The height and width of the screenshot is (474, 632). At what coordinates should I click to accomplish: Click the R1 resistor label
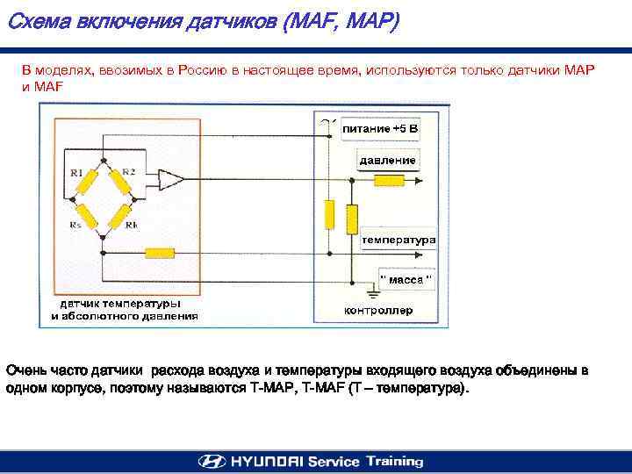pyautogui.click(x=76, y=173)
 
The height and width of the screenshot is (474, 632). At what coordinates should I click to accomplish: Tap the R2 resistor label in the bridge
pyautogui.click(x=128, y=171)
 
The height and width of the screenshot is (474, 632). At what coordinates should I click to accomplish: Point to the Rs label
pyautogui.click(x=75, y=226)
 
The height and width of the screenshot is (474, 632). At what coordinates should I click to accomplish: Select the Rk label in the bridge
pyautogui.click(x=130, y=226)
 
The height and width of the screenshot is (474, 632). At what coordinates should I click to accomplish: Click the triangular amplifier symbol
pyautogui.click(x=170, y=182)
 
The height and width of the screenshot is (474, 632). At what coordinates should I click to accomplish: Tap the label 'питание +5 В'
pyautogui.click(x=380, y=129)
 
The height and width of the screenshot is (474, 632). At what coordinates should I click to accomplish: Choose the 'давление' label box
pyautogui.click(x=387, y=161)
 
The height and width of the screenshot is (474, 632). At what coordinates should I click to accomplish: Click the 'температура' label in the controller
pyautogui.click(x=399, y=239)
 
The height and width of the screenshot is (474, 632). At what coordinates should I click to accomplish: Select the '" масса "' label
pyautogui.click(x=406, y=279)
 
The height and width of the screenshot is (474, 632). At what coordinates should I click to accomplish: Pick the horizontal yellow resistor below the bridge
pyautogui.click(x=160, y=253)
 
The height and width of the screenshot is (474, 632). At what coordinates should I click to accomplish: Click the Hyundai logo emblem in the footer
pyautogui.click(x=211, y=462)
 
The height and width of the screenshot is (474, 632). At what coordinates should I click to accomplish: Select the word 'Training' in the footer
pyautogui.click(x=394, y=462)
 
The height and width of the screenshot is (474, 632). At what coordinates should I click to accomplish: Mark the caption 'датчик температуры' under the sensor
pyautogui.click(x=120, y=303)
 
